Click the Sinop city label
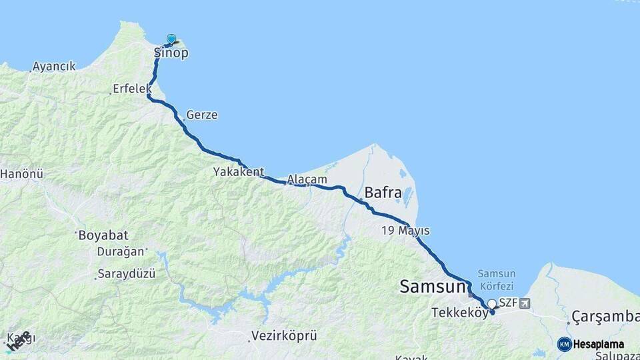(x=171, y=53)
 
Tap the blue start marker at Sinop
(x=171, y=39)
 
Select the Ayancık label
(x=55, y=67)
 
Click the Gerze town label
(x=202, y=115)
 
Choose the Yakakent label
(x=239, y=172)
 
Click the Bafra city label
(x=383, y=193)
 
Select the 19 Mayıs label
(x=405, y=231)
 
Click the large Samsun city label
(x=431, y=287)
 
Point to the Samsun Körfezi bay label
(x=497, y=279)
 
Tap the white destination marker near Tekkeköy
(x=492, y=304)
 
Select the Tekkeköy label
(x=460, y=313)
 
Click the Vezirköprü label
(x=284, y=335)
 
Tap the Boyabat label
(x=103, y=235)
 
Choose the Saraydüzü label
(x=126, y=274)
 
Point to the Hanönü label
(x=21, y=174)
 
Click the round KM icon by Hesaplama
(x=564, y=344)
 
